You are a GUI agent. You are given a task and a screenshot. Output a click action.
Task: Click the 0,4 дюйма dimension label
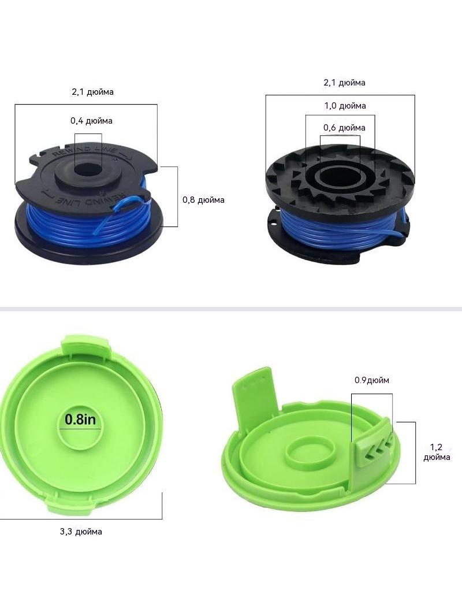[91, 121]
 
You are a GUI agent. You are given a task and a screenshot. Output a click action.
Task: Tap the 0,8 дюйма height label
[203, 200]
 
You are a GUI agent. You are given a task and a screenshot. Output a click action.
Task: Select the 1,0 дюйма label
[345, 106]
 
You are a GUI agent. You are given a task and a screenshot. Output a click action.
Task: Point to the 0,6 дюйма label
[344, 128]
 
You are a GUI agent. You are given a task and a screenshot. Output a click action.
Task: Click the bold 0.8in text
[80, 420]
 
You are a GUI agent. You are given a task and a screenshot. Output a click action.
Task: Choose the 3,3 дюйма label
[81, 532]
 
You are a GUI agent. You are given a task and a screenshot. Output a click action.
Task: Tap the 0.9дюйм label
[372, 380]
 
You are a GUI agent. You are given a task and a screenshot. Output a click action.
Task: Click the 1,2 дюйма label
[437, 452]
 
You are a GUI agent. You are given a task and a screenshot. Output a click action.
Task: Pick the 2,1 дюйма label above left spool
[92, 92]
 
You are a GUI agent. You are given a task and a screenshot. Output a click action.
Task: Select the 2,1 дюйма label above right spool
[344, 83]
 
